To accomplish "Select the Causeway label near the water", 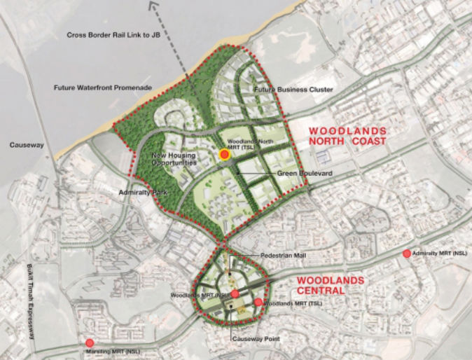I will pyautogui.click(x=27, y=145).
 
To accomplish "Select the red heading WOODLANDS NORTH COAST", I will pyautogui.click(x=348, y=137).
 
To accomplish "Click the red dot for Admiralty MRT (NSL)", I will pyautogui.click(x=408, y=253).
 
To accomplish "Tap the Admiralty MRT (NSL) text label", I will pyautogui.click(x=440, y=253).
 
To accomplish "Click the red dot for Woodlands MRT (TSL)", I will pyautogui.click(x=258, y=303).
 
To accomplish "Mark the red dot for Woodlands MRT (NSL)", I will pyautogui.click(x=235, y=294).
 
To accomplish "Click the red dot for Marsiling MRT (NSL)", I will pyautogui.click(x=90, y=343).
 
